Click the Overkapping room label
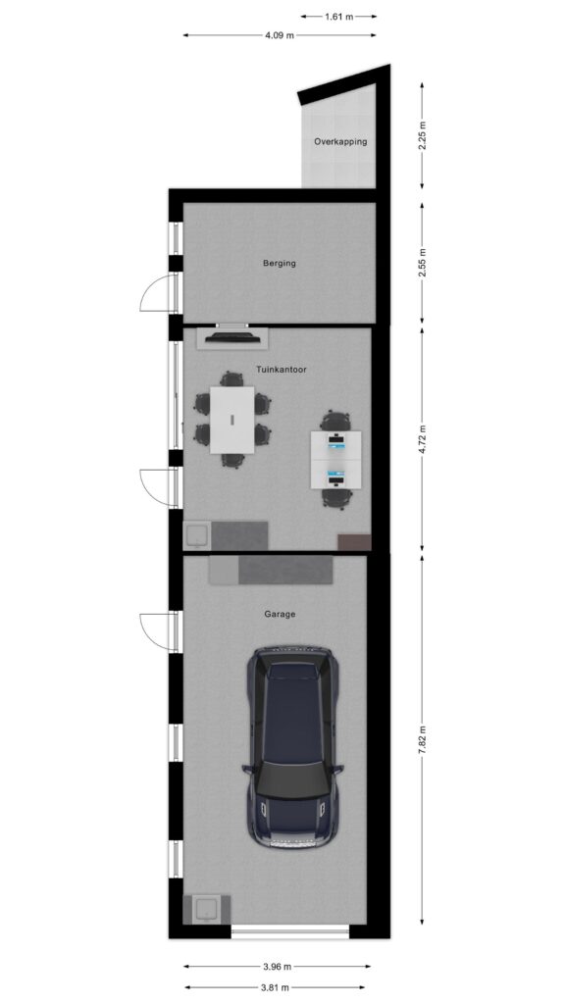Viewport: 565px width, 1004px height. [x=340, y=141]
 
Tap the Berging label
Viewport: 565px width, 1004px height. [x=280, y=263]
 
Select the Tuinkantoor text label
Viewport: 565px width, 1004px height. [x=282, y=370]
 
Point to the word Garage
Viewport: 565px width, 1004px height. [x=280, y=614]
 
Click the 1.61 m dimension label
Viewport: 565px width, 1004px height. [x=338, y=17]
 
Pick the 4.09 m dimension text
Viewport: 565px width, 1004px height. [x=280, y=36]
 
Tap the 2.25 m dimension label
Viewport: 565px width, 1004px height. [x=422, y=135]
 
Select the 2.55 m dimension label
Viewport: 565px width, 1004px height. [x=422, y=263]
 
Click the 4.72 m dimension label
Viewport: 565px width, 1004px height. [x=422, y=439]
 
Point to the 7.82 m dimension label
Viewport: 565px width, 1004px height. [x=422, y=739]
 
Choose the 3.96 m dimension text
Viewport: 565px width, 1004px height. [x=278, y=966]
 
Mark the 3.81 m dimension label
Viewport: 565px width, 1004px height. [x=278, y=987]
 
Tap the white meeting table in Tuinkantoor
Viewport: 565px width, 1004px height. [x=231, y=420]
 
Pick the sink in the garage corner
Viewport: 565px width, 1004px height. [x=207, y=909]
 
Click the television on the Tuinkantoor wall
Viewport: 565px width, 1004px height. [x=231, y=337]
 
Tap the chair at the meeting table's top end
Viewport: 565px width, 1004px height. [x=231, y=378]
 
